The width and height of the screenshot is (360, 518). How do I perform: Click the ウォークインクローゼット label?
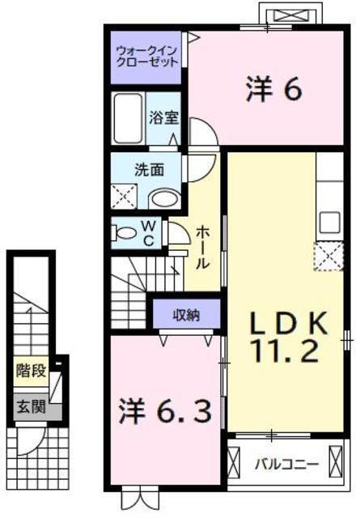pyautogui.click(x=147, y=57)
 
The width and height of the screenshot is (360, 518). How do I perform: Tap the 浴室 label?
pyautogui.click(x=163, y=117)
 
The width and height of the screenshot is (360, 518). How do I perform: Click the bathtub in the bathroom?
pyautogui.click(x=128, y=119)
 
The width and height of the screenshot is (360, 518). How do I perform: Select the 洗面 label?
pyautogui.click(x=150, y=170)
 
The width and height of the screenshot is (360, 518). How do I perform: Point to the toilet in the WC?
pyautogui.click(x=124, y=233)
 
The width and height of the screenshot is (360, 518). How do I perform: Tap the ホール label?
pyautogui.click(x=202, y=248)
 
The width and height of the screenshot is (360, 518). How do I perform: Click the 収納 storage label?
pyautogui.click(x=187, y=315)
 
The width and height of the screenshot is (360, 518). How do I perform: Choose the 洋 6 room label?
pyautogui.click(x=273, y=89)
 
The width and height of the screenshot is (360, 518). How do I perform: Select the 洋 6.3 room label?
pyautogui.click(x=165, y=410)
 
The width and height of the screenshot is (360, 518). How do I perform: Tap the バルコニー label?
pyautogui.click(x=286, y=465)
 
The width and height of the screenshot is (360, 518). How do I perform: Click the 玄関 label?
pyautogui.click(x=31, y=406)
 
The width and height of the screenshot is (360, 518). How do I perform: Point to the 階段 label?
pyautogui.click(x=31, y=371)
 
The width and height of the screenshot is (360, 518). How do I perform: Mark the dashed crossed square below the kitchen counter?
pyautogui.click(x=328, y=256)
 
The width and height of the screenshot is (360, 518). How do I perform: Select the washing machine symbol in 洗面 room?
pyautogui.click(x=124, y=196)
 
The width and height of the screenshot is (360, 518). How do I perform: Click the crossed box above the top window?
pyautogui.click(x=290, y=15)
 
